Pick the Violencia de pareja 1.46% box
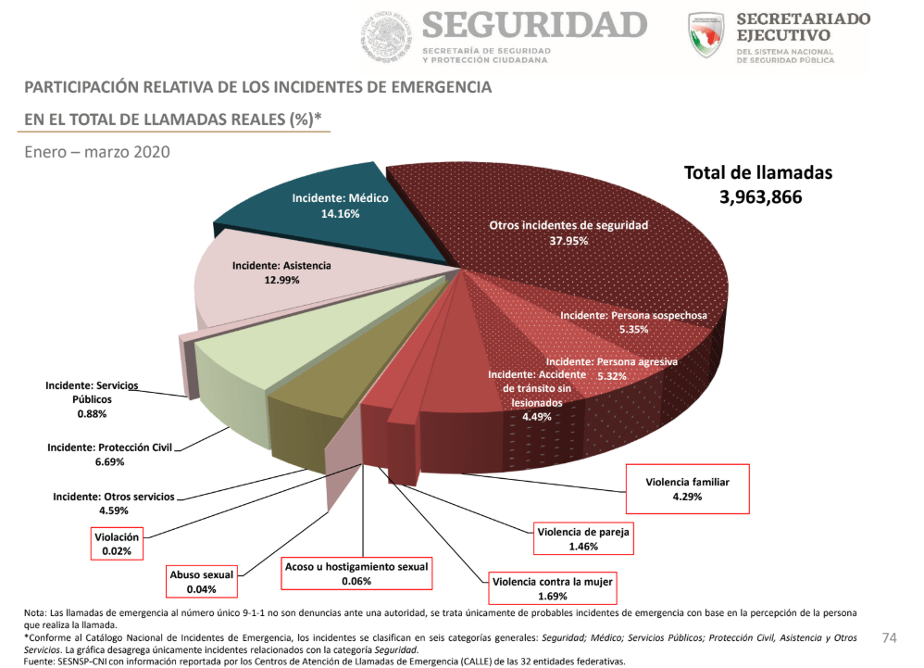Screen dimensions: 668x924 583,538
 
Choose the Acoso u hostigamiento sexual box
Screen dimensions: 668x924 356,573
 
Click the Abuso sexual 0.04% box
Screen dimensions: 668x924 201,581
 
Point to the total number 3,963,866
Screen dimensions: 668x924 760,197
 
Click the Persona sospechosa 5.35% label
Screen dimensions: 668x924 633,321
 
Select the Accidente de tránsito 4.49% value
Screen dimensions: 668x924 536,417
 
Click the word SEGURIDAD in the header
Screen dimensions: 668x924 534,25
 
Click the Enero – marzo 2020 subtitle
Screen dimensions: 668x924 97,152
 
